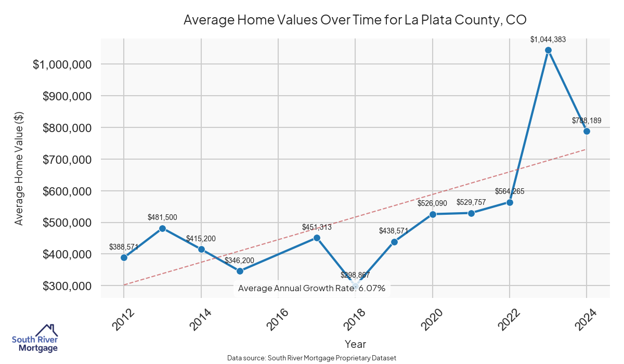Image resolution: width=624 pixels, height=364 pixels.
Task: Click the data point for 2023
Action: pos(548,50)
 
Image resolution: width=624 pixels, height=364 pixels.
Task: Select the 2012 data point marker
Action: pos(124,257)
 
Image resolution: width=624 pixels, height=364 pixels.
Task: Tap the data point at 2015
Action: pos(240,271)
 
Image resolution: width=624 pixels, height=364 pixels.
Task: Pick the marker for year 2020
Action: pos(433,214)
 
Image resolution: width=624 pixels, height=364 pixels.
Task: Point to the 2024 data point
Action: pos(587,131)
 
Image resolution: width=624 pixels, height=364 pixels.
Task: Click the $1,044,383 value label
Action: pos(548,39)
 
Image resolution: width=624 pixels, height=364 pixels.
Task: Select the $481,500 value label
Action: pos(163,217)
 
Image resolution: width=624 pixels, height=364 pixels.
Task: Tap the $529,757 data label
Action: pos(471,202)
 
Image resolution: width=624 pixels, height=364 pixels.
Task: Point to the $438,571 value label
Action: pos(394,230)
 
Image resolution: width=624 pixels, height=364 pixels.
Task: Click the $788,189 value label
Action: pos(587,120)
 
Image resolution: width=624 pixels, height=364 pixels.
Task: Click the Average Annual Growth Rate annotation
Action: pos(311,288)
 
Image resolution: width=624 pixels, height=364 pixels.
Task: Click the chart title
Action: pos(355,20)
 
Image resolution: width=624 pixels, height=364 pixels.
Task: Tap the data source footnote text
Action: pos(312,358)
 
